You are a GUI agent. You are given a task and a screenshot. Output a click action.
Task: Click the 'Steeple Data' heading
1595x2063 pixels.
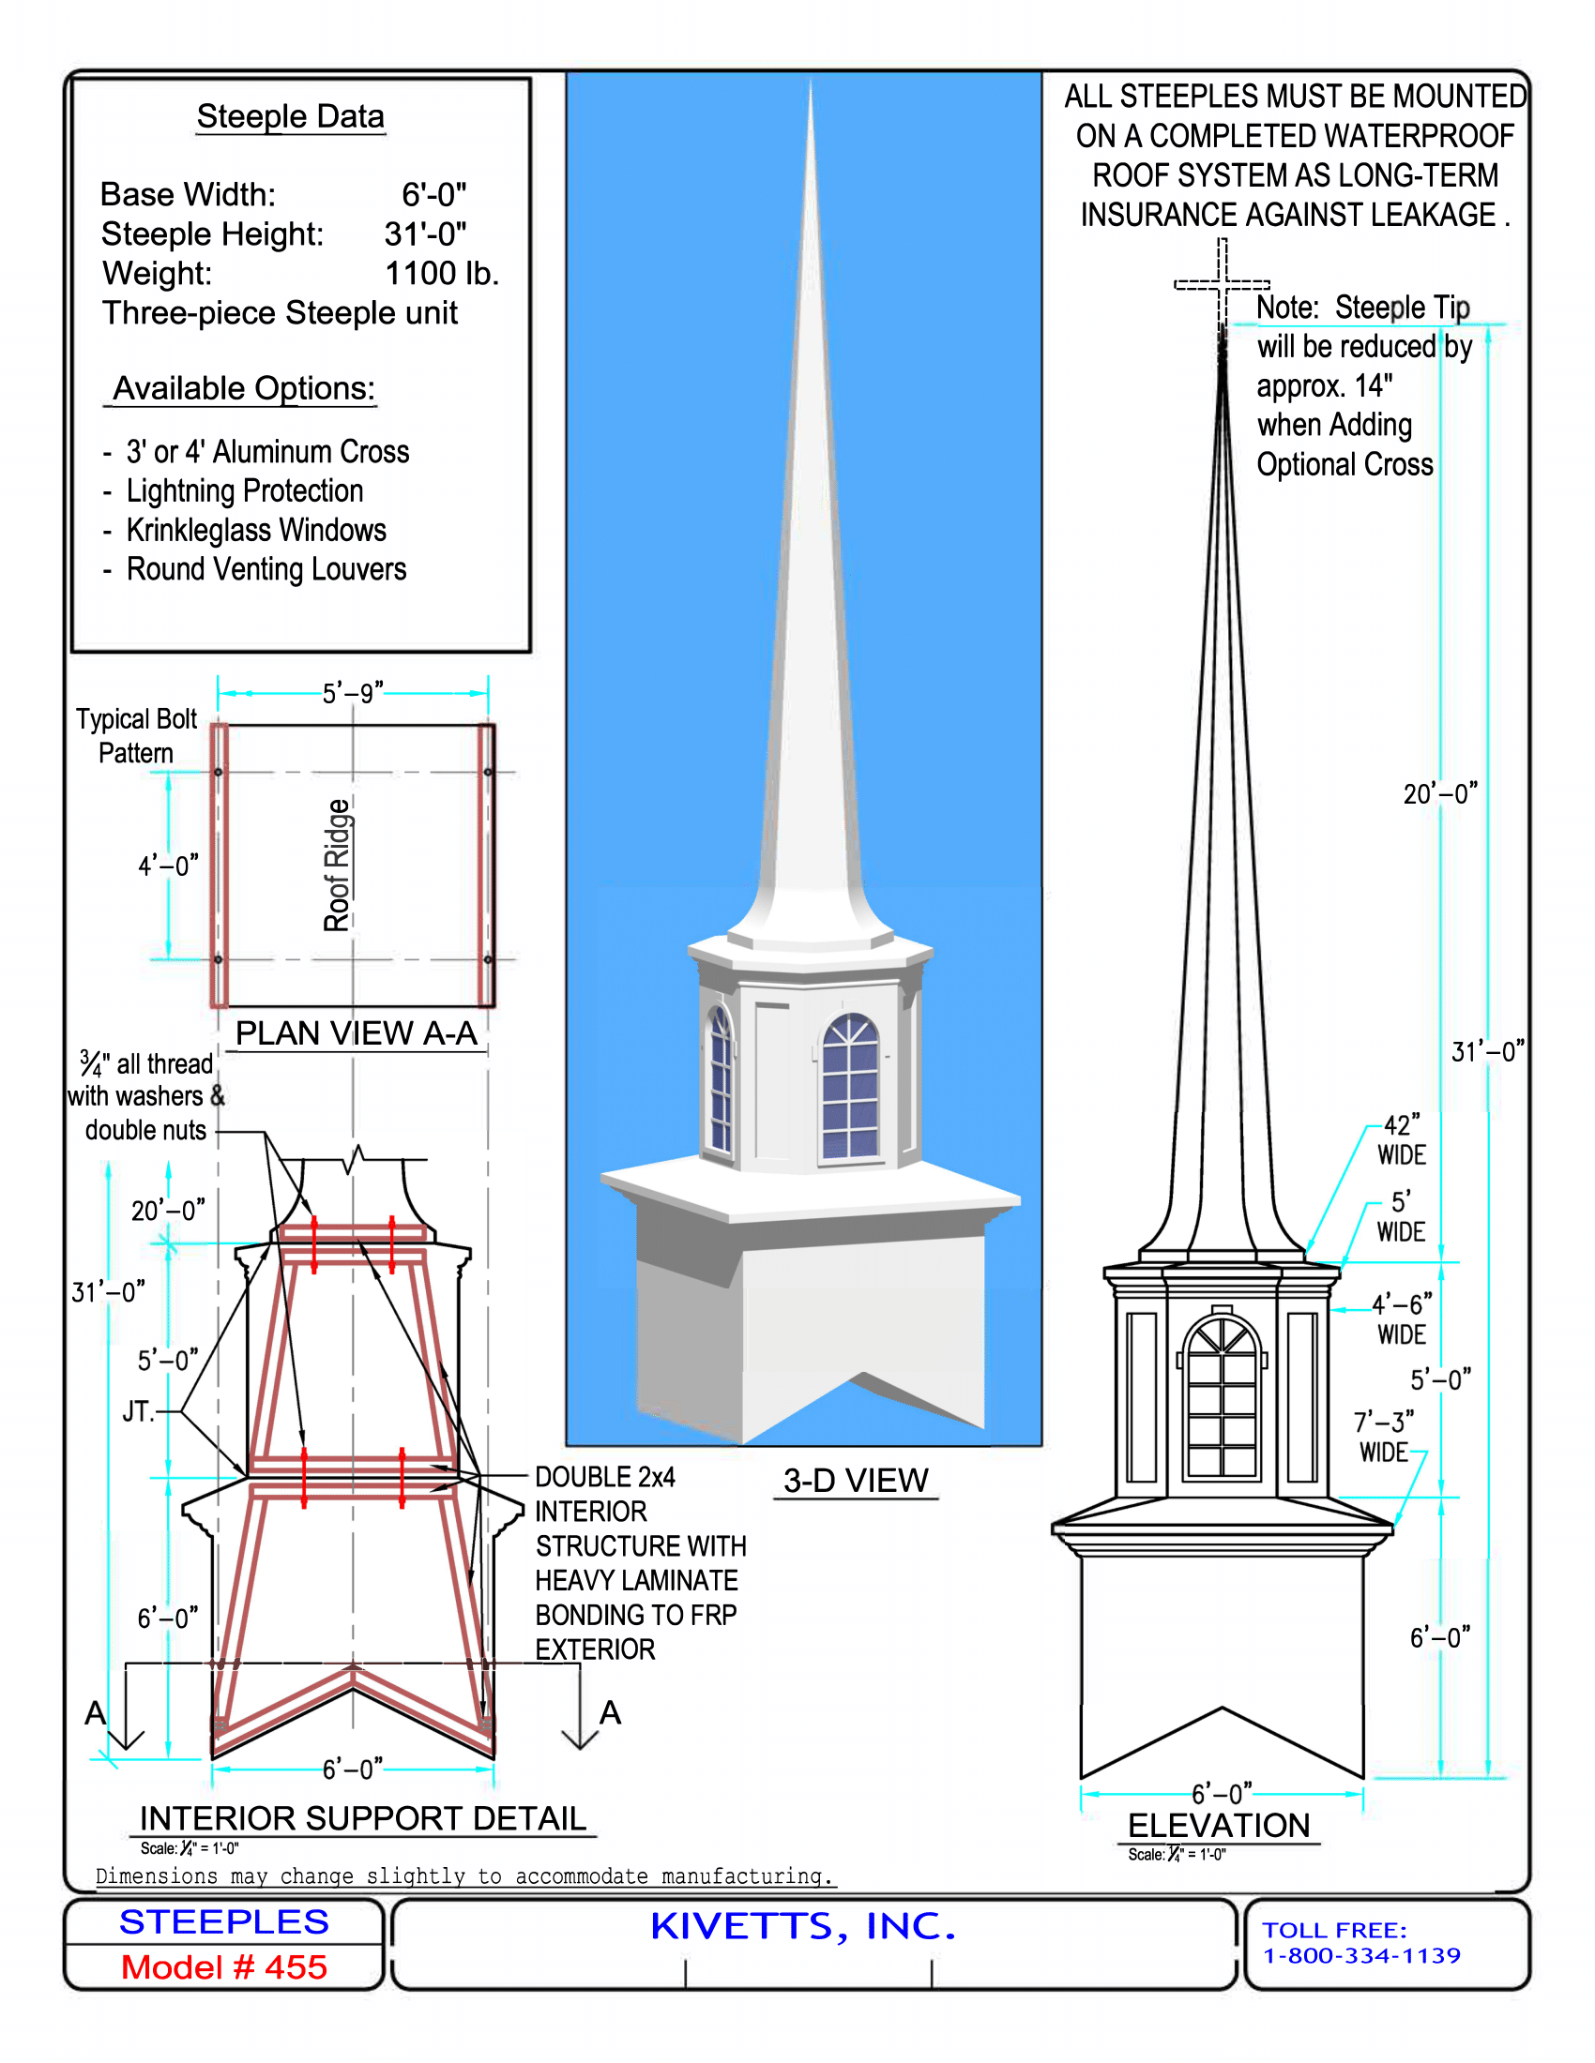coord(290,116)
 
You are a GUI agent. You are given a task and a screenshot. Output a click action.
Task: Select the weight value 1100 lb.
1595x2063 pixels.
coord(441,273)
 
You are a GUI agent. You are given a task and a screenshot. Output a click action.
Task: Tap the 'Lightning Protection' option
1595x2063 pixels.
coord(245,490)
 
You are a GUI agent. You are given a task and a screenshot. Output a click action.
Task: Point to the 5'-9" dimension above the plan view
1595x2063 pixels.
coord(353,693)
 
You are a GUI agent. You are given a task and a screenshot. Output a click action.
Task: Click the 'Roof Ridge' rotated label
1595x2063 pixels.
coord(338,865)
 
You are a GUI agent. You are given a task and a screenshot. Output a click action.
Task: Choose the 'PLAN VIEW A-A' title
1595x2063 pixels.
coord(357,1032)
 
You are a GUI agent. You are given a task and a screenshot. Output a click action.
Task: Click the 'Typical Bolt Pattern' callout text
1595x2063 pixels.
coord(137,736)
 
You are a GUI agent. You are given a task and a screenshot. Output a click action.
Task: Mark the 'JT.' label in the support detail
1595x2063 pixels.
coord(138,1411)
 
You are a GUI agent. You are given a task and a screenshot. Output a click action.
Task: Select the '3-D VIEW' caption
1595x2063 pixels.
coord(856,1480)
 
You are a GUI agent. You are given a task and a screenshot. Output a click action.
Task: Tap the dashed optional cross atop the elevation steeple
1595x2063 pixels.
coord(1222,282)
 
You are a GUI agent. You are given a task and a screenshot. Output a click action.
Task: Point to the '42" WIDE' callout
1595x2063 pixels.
coord(1403,1139)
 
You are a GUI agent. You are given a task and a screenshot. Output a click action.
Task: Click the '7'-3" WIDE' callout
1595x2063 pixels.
coord(1384,1436)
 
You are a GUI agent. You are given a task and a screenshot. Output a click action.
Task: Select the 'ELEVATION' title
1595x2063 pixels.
coord(1220,1825)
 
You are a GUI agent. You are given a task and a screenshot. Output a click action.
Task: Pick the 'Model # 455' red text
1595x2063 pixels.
coord(224,1967)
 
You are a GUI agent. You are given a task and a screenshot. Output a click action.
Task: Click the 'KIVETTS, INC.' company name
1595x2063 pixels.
coord(803,1927)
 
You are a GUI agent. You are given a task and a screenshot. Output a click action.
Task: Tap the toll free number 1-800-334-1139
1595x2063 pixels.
coord(1361,1955)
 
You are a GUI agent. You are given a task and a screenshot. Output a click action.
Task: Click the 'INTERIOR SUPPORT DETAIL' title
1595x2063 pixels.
coord(363,1818)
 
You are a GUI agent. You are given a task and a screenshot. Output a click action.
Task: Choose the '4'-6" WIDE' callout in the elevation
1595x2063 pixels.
coord(1403,1318)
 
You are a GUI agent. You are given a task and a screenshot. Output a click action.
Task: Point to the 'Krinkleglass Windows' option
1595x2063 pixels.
coord(256,530)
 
